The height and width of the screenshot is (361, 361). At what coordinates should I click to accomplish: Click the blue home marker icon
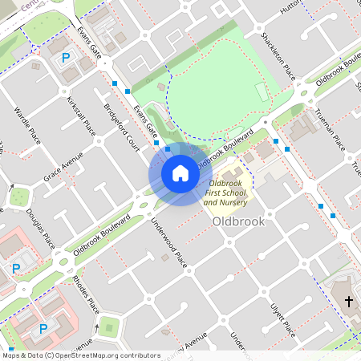[x=180, y=172]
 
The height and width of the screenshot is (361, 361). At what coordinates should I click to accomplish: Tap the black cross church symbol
[x=349, y=302]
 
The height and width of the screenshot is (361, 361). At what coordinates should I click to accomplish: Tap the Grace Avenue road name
[x=63, y=165]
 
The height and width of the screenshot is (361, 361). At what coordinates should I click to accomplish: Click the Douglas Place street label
[x=40, y=229]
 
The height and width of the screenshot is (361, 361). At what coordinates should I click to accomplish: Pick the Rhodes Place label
[x=86, y=294]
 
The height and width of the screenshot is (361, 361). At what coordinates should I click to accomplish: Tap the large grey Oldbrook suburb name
[x=239, y=221]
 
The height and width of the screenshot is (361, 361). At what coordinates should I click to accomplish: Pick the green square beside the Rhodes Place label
[x=108, y=326]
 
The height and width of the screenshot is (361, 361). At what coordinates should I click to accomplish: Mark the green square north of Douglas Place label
[x=17, y=195]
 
